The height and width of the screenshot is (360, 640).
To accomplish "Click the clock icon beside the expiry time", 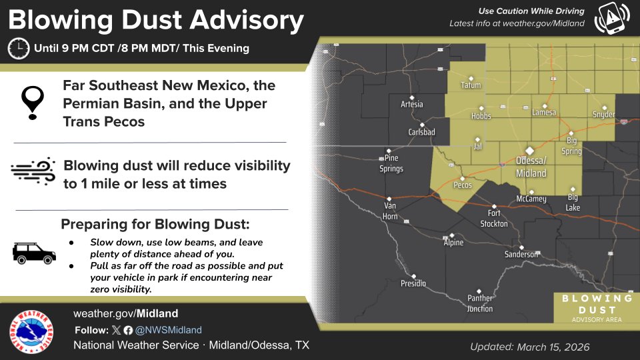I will point(18,48).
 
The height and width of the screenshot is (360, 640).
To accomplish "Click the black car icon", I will point(34,253).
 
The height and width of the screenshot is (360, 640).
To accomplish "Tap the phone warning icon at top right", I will point(611,19).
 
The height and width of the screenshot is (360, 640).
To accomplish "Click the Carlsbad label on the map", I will point(421,132).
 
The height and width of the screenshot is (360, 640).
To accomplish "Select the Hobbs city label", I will point(481,116).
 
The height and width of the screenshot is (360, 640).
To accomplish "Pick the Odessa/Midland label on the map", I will point(531,167).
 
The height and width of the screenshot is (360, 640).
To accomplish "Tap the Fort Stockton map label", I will point(494,219).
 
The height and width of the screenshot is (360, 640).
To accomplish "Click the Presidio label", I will point(413,284).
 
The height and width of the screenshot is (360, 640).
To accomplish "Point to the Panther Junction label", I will point(480,303).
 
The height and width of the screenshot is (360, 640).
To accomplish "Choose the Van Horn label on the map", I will point(389,210).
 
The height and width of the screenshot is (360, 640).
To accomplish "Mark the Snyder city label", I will point(603,115).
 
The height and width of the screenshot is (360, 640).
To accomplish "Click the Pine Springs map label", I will point(391,164).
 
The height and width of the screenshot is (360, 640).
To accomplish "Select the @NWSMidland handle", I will point(169,330).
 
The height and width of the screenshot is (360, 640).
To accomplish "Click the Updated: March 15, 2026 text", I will point(529,347).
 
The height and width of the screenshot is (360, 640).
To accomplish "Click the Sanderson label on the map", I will point(521,255).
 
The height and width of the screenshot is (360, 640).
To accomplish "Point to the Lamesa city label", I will point(544,113).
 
